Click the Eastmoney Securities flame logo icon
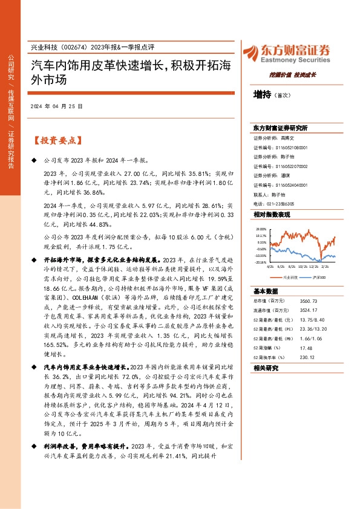(251, 52)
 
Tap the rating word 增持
(263, 94)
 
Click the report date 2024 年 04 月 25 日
(57, 106)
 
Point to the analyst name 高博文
(287, 138)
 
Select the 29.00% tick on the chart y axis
(261, 230)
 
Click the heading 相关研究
(265, 368)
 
